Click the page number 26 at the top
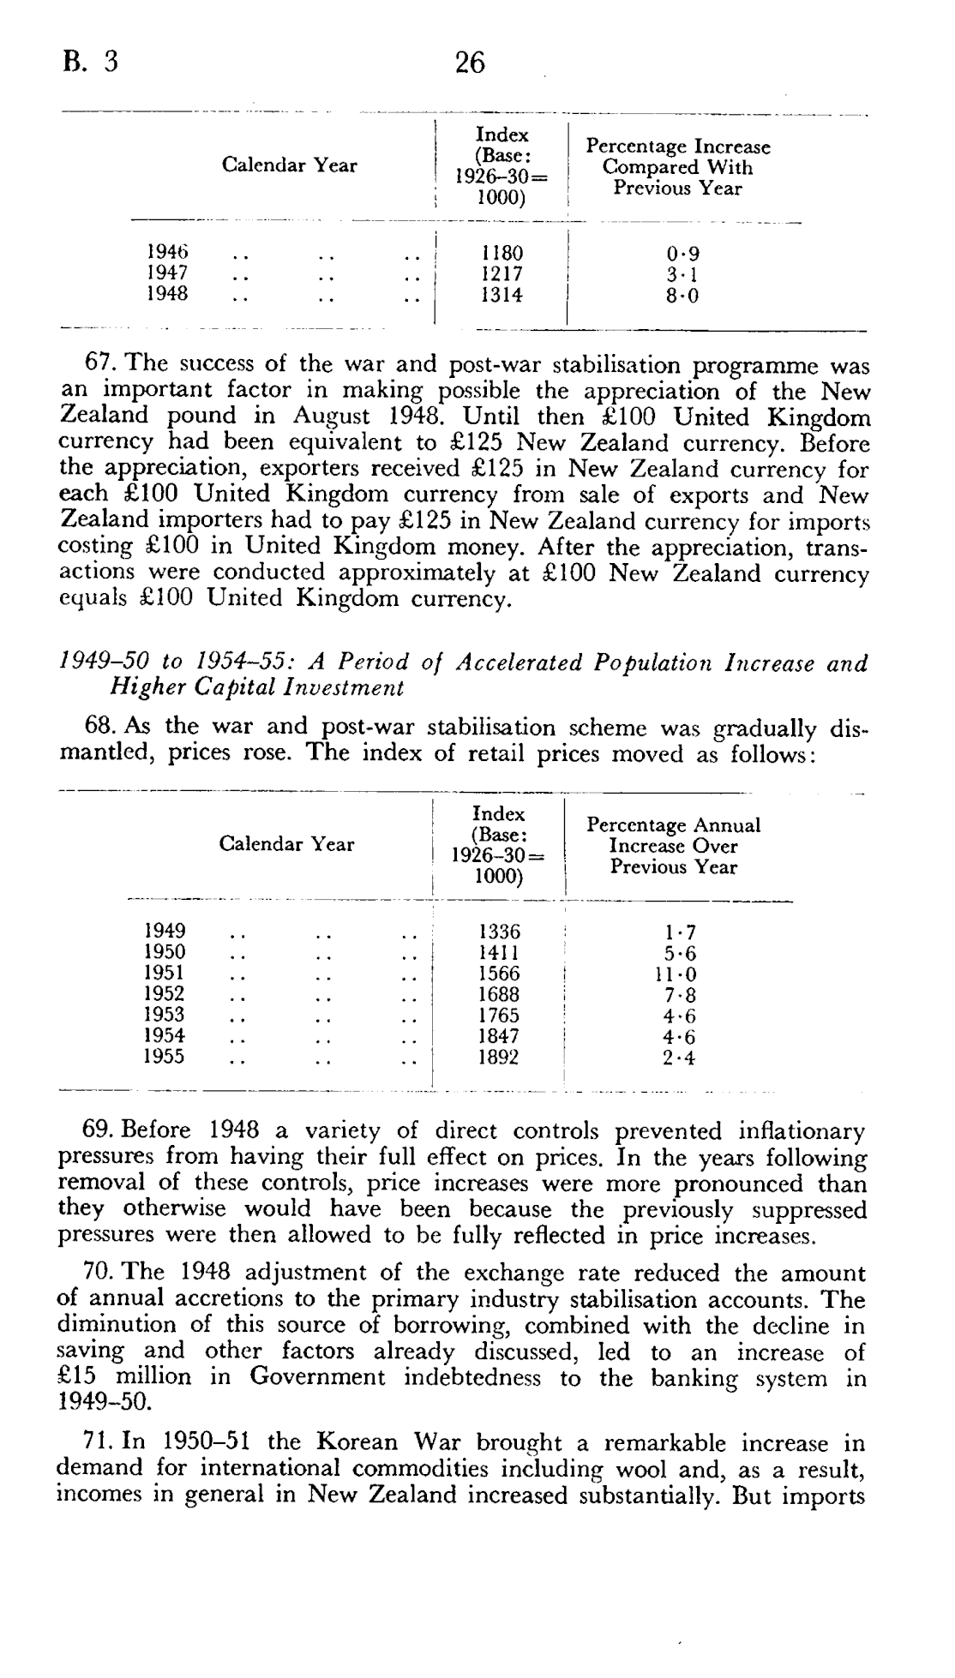(470, 63)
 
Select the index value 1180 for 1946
(502, 254)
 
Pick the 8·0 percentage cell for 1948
(682, 297)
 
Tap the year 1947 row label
(167, 273)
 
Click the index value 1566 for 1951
(499, 974)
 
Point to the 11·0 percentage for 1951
(676, 974)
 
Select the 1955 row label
(165, 1057)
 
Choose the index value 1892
(499, 1057)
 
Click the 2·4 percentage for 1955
(679, 1058)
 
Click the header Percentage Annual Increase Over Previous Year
(673, 846)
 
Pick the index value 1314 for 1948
(502, 295)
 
